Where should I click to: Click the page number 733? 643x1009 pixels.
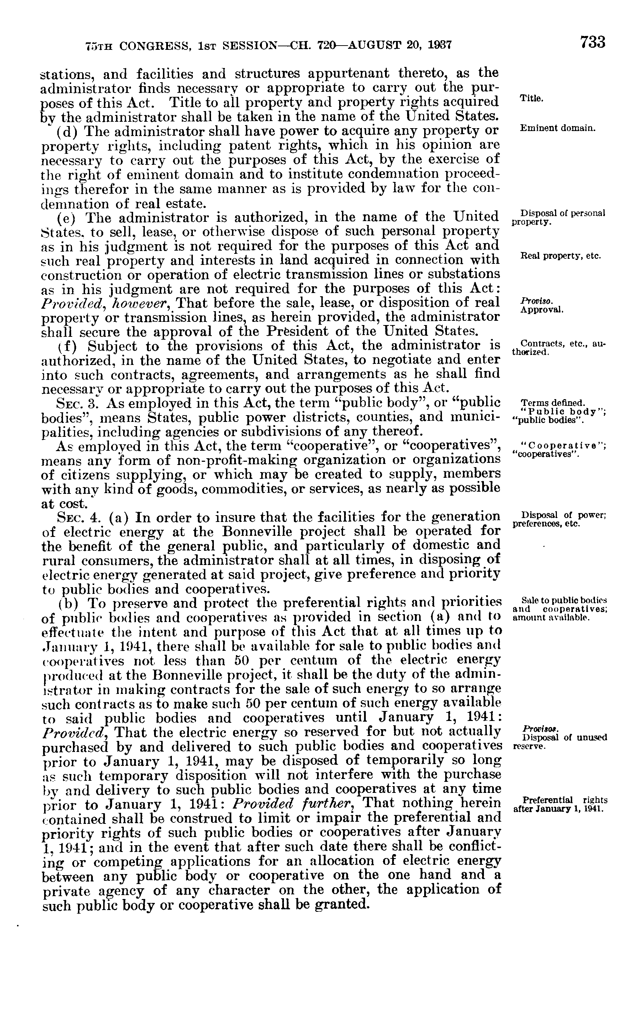592,42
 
